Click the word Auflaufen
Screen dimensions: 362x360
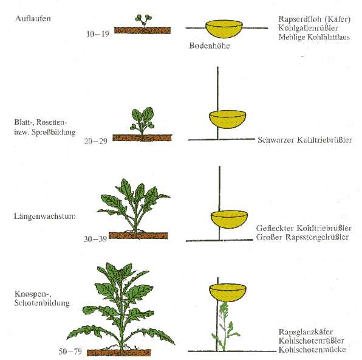pyautogui.click(x=33, y=18)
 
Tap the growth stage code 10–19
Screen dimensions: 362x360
pyautogui.click(x=97, y=34)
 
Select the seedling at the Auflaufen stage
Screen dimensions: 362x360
pyautogui.click(x=143, y=21)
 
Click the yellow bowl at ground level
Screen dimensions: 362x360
pyautogui.click(x=224, y=29)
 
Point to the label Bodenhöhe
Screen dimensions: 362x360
pyautogui.click(x=210, y=46)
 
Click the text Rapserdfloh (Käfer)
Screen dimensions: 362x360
pyautogui.click(x=315, y=19)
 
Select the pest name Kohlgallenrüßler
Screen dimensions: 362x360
pyautogui.click(x=308, y=28)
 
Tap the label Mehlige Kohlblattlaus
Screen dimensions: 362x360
pyautogui.click(x=314, y=37)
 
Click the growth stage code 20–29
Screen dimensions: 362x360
pyautogui.click(x=95, y=141)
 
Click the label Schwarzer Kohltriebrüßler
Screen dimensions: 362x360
pyautogui.click(x=305, y=140)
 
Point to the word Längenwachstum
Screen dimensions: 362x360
pyautogui.click(x=45, y=216)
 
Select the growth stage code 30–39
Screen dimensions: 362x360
pyautogui.click(x=95, y=239)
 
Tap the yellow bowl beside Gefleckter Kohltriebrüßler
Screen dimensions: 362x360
pyautogui.click(x=229, y=220)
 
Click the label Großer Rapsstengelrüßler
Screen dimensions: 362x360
pyautogui.click(x=302, y=237)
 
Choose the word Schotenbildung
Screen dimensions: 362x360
pyautogui.click(x=42, y=303)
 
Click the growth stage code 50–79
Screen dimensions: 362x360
pyautogui.click(x=70, y=351)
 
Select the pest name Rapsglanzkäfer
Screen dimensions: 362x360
pyautogui.click(x=306, y=332)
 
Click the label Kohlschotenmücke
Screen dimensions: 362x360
pyautogui.click(x=312, y=350)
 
